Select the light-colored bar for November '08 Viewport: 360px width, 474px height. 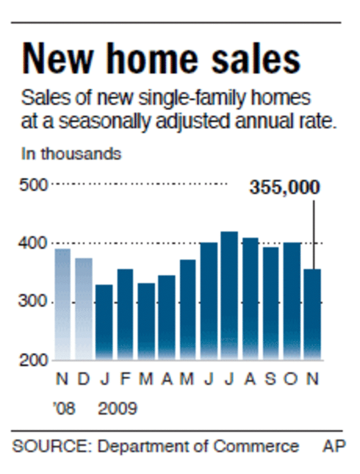(x=62, y=303)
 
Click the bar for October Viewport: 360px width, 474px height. (x=292, y=300)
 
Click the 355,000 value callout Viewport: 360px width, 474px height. (x=285, y=188)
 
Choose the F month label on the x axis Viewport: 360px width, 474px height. (x=125, y=379)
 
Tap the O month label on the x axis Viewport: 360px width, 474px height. (x=292, y=379)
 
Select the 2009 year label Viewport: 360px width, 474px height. (x=117, y=408)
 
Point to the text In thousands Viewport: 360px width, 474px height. (x=71, y=154)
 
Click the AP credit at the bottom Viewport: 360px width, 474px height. (x=334, y=446)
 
